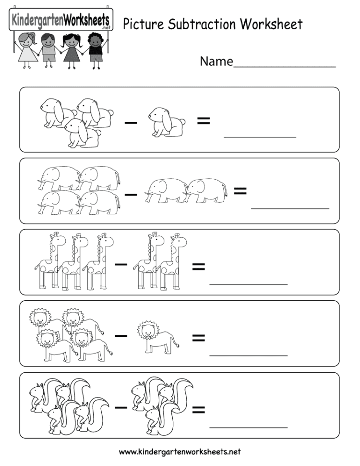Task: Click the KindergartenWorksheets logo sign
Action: tap(60, 21)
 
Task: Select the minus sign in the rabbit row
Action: tap(131, 123)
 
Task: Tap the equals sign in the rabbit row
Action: tap(204, 122)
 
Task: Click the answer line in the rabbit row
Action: tap(260, 137)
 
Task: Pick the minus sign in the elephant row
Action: tap(131, 195)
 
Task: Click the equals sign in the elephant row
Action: tap(240, 191)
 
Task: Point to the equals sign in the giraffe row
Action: tap(198, 267)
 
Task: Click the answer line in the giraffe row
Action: tap(249, 283)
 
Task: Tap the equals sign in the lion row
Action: tap(198, 338)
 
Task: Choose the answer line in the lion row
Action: tap(249, 355)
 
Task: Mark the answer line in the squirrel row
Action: tap(249, 427)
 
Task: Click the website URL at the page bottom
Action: tap(180, 452)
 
